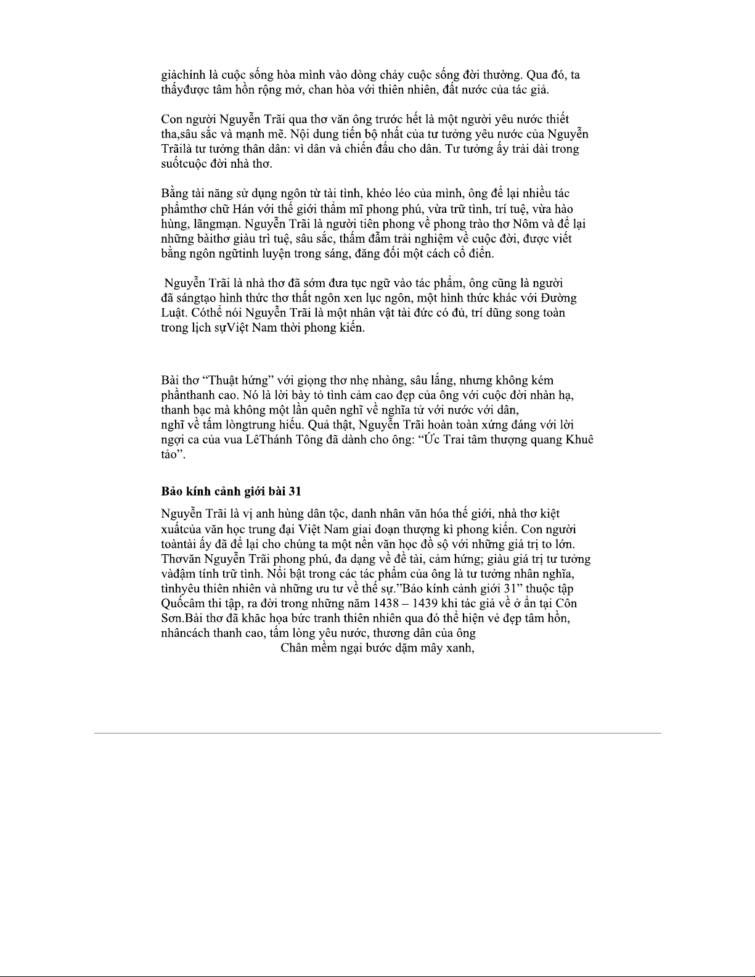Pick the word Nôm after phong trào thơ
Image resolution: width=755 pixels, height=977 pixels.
coord(525,224)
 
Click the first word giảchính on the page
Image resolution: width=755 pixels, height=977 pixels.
coord(183,76)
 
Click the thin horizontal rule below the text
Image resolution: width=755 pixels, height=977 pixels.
coord(377,733)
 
